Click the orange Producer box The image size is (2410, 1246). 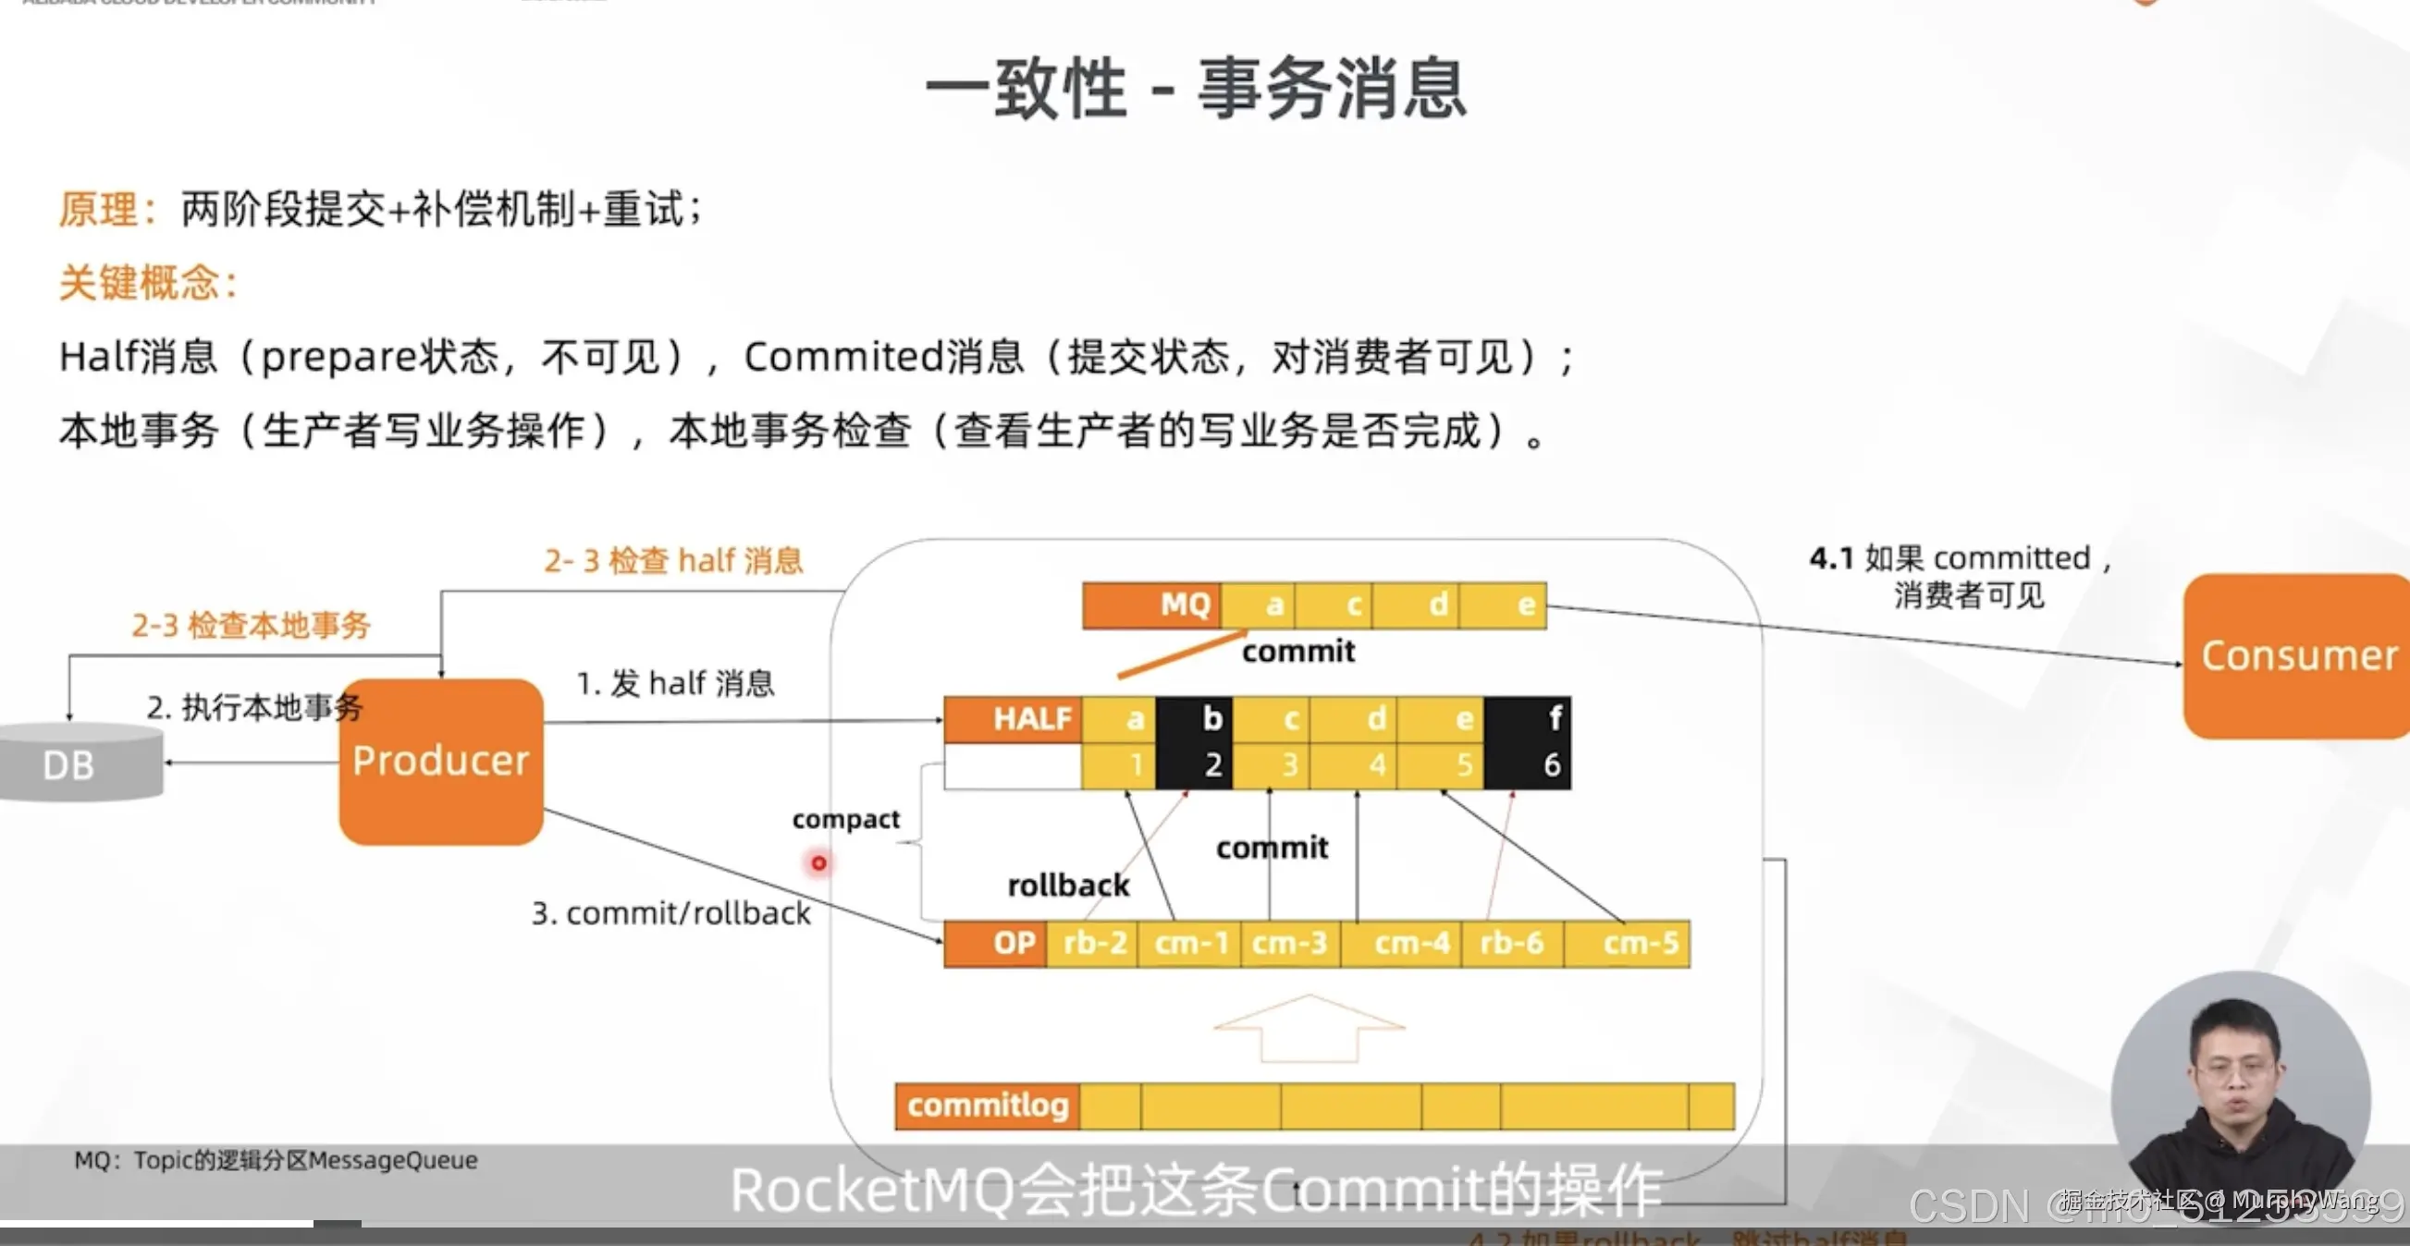pos(440,762)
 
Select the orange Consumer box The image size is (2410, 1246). pos(2298,655)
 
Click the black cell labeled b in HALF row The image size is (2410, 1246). pos(1194,743)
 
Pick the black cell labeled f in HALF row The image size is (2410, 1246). pos(1527,743)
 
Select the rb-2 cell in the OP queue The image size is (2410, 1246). pos(1094,943)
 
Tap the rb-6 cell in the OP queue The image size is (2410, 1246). pos(1511,943)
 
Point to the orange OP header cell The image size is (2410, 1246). pos(995,943)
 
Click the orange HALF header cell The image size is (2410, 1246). pos(1014,718)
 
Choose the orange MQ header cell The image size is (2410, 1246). pos(1151,605)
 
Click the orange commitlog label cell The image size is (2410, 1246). pos(987,1106)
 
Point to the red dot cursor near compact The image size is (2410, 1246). pos(818,862)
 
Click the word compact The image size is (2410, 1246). pos(846,820)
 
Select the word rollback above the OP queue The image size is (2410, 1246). pos(1068,885)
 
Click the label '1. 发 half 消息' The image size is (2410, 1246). pos(674,684)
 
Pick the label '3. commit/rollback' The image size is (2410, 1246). pos(670,913)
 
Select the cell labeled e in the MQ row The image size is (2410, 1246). pos(1505,605)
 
